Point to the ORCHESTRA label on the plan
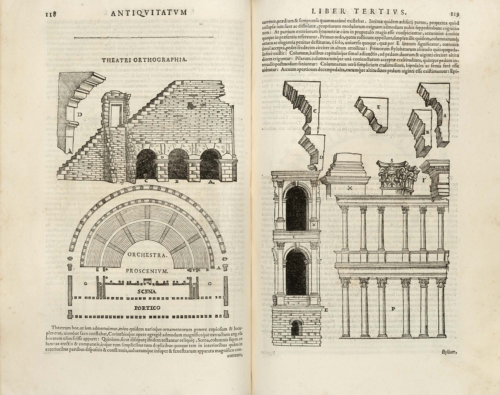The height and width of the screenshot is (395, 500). (147, 255)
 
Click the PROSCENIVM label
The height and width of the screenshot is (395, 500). (147, 271)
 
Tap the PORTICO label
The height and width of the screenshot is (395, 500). (147, 308)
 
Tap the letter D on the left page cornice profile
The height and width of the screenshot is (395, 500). (79, 115)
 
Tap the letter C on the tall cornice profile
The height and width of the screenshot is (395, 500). (315, 111)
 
